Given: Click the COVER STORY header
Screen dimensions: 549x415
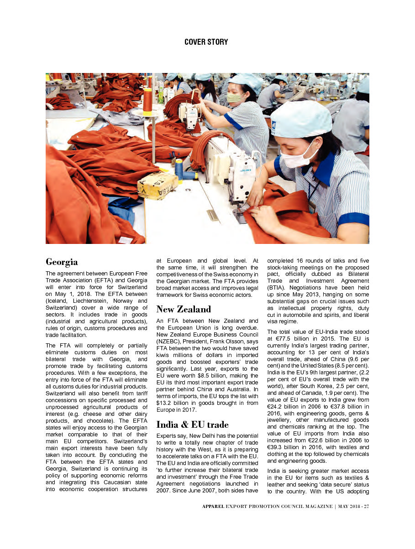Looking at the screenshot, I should (206, 42).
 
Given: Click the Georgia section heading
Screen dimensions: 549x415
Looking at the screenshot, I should (62, 262).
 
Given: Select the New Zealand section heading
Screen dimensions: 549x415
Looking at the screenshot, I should (184, 309).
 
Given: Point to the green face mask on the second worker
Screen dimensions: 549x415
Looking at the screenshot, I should (234, 98).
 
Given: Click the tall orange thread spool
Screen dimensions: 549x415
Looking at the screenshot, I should (147, 100).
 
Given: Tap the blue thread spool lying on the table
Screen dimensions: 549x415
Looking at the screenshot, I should (179, 169).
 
